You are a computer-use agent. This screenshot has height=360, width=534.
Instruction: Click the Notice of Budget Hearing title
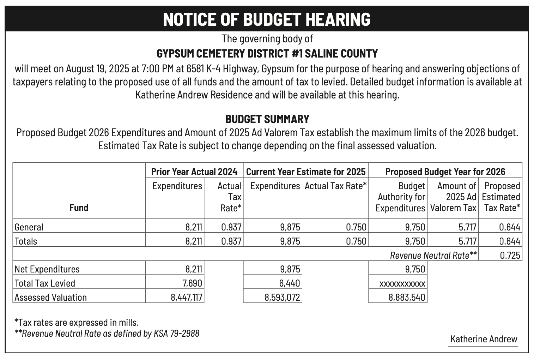(267, 19)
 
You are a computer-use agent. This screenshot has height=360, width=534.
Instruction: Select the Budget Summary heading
(267, 119)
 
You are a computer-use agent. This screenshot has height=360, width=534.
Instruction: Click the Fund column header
(79, 208)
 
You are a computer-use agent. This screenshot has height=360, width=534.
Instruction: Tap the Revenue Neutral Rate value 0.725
(510, 255)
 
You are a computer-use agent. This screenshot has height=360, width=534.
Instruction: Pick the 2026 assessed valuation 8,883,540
(407, 297)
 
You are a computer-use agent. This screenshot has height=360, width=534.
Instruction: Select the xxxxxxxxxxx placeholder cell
(402, 283)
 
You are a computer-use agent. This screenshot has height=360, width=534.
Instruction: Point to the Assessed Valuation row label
(51, 297)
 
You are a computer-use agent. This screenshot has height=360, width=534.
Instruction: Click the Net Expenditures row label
(47, 269)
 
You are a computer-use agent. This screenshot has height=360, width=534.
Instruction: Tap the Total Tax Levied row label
(45, 283)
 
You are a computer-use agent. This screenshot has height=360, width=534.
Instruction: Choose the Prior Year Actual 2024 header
(194, 172)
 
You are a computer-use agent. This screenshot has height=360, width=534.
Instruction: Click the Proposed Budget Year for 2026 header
(445, 172)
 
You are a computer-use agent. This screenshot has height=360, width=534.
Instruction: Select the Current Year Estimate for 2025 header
(306, 172)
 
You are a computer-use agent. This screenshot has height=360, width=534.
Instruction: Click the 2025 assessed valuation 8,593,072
(282, 297)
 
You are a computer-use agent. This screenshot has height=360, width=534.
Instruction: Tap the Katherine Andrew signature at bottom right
(484, 339)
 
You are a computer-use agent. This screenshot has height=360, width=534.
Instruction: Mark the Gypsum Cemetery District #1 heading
(267, 54)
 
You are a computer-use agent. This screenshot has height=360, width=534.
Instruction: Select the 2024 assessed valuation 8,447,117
(187, 297)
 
